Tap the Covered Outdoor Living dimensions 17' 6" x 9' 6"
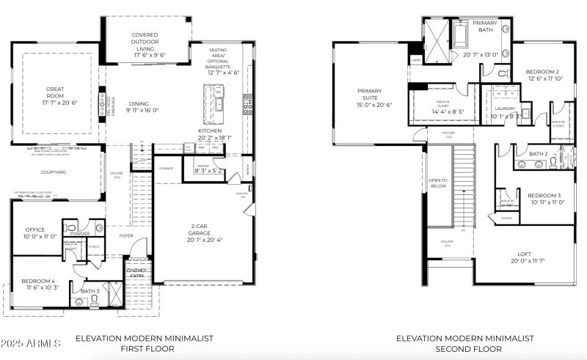[145, 55]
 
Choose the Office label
[35, 229]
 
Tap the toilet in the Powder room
[71, 227]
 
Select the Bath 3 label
[90, 291]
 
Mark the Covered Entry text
[137, 273]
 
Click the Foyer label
[127, 235]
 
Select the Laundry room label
[506, 109]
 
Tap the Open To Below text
[437, 183]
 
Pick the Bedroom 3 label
[544, 195]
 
